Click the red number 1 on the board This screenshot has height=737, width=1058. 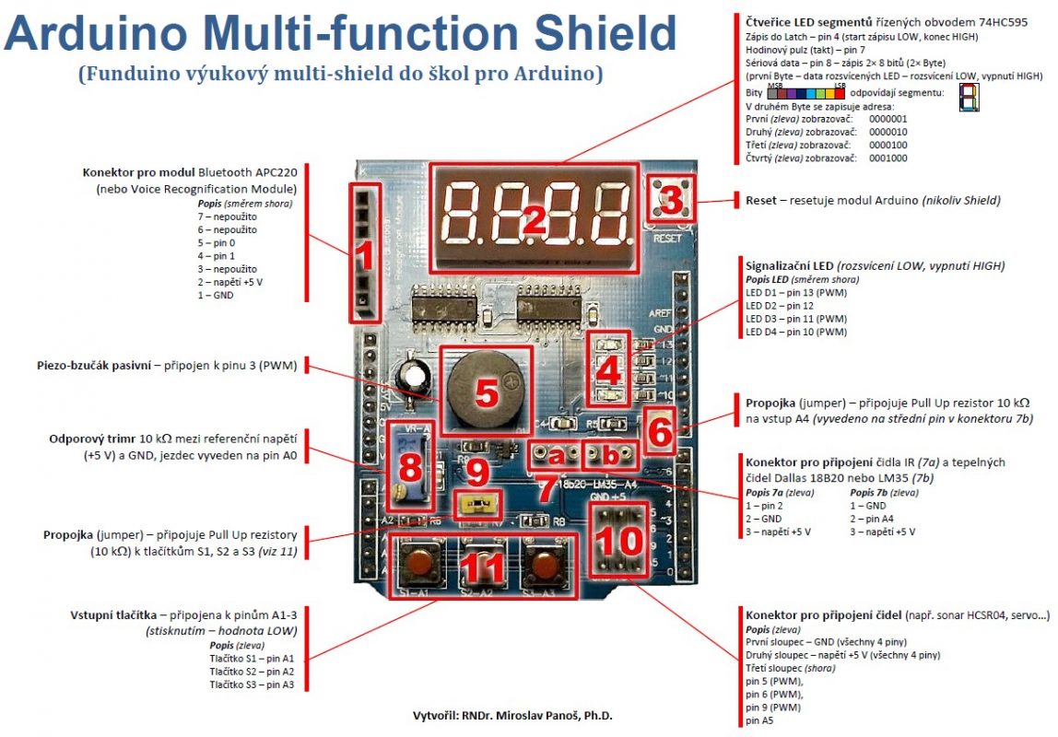click(365, 254)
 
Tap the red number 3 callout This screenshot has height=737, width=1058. click(672, 198)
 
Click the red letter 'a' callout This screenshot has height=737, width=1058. click(555, 454)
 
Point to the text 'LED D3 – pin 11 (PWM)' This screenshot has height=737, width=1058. click(795, 319)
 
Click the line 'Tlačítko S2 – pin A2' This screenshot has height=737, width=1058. click(252, 672)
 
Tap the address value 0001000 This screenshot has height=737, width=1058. click(888, 158)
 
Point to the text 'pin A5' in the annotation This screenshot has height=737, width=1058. click(760, 720)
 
